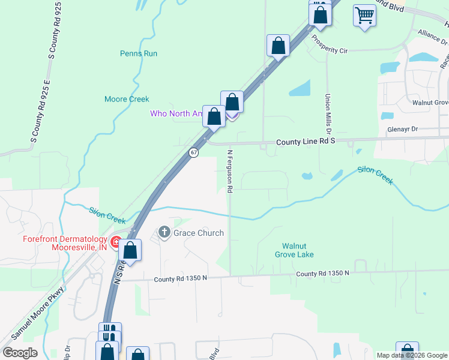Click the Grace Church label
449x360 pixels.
tap(199, 233)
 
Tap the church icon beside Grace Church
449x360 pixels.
tap(164, 232)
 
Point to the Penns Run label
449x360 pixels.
tap(139, 53)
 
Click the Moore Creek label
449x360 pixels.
tap(127, 99)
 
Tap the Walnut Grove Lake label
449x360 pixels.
tap(298, 250)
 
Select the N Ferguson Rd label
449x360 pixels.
tap(229, 171)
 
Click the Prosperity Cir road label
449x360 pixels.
tap(330, 44)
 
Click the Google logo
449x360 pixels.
tap(20, 353)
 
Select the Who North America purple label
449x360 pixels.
tap(175, 113)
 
